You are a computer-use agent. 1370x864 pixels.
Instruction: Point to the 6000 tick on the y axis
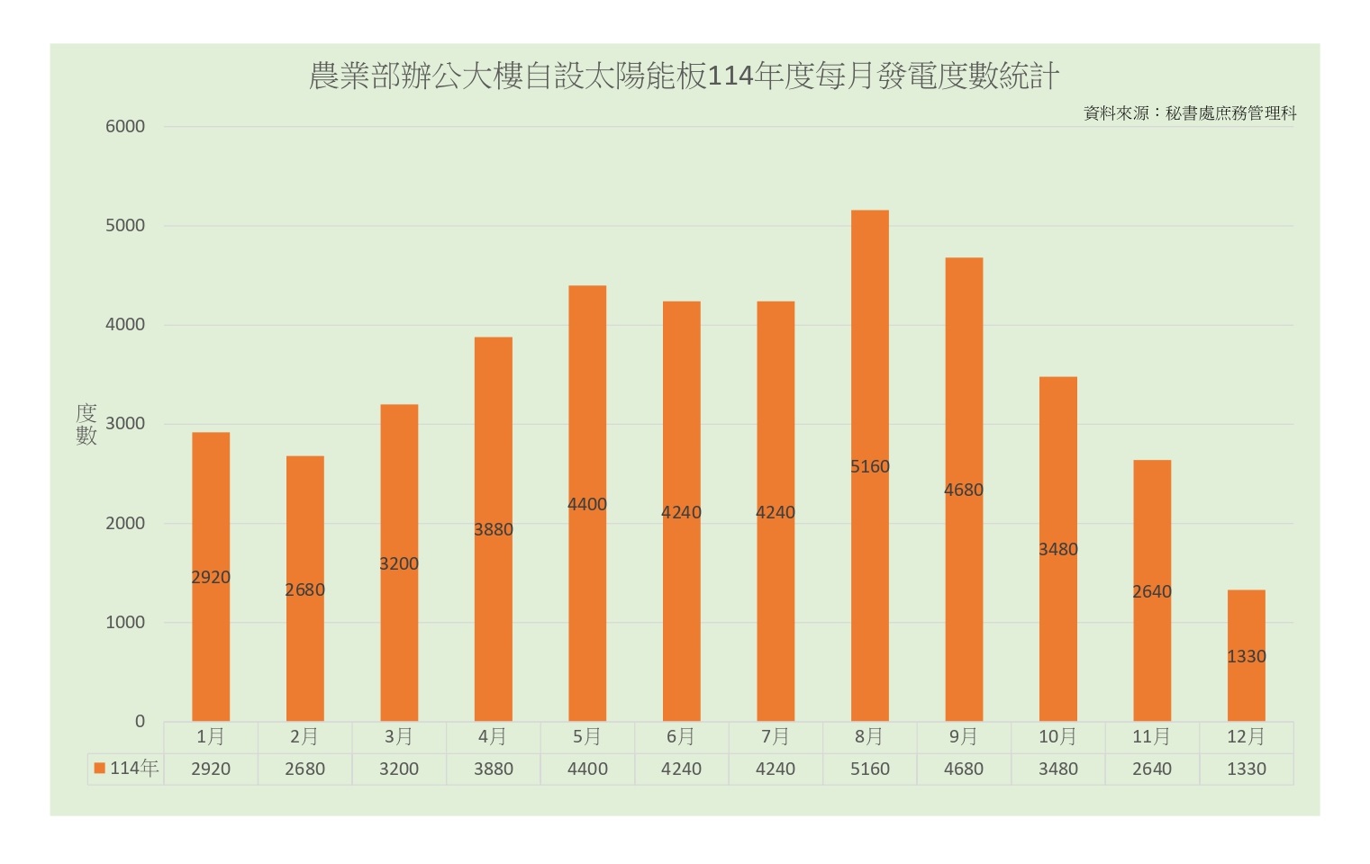tap(125, 127)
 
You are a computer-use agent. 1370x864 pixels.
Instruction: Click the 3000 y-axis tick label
tap(125, 424)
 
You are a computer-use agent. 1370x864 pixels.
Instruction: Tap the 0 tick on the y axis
tap(140, 721)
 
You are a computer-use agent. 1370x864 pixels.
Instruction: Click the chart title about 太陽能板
tap(684, 76)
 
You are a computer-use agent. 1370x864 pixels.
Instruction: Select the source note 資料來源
tap(1189, 113)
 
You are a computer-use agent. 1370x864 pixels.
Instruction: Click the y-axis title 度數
tap(86, 424)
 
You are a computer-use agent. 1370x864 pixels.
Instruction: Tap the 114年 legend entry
tap(126, 769)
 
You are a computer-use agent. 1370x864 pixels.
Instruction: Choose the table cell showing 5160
tap(869, 769)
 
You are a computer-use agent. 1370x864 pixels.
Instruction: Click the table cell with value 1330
tap(1246, 769)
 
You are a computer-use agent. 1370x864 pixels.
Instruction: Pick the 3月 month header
tap(399, 737)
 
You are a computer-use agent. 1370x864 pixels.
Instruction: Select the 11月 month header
tap(1151, 737)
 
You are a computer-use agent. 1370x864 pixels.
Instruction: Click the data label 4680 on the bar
tap(963, 490)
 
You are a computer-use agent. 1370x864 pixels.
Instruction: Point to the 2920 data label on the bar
tap(211, 578)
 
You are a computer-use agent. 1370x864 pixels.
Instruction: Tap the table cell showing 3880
tap(494, 769)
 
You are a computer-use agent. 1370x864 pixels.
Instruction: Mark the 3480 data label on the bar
tap(1057, 550)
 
